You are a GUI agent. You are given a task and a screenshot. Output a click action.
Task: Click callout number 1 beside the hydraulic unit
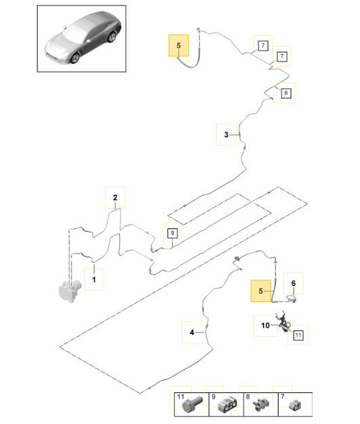[x=94, y=279]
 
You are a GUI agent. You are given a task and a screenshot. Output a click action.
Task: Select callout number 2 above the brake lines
[x=115, y=197]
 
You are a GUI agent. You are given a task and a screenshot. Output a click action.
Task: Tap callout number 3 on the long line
[x=226, y=134]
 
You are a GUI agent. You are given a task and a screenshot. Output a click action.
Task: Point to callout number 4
[x=192, y=332]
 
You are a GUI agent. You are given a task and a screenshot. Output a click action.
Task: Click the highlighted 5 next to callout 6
[x=260, y=291]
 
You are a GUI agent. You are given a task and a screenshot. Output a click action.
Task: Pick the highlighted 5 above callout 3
[x=179, y=45]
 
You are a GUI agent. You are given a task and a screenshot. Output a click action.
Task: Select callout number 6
[x=294, y=283]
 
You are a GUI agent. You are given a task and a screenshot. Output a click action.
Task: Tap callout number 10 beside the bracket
[x=266, y=325]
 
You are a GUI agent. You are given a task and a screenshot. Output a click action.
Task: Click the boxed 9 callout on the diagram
[x=172, y=233]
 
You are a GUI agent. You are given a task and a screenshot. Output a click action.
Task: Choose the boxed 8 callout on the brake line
[x=286, y=93]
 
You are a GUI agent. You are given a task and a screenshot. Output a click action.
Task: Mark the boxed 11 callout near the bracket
[x=298, y=335]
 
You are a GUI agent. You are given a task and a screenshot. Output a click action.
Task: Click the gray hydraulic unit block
[x=70, y=291]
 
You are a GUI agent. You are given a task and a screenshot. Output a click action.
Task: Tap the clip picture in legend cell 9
[x=227, y=404]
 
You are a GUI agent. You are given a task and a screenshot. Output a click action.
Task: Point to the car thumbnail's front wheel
[x=75, y=58]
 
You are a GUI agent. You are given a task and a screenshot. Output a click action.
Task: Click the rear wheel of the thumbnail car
[x=111, y=37]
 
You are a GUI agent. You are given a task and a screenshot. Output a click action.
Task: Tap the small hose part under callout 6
[x=292, y=299]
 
